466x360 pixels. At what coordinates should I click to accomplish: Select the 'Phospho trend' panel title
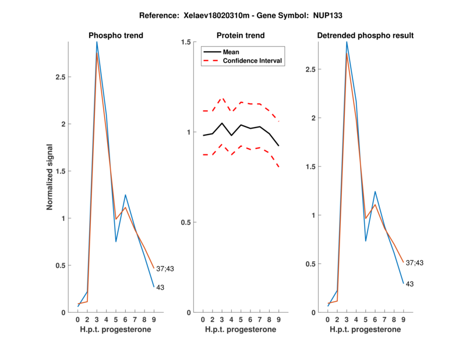coord(116,36)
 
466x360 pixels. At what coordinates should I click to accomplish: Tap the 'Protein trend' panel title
coord(241,36)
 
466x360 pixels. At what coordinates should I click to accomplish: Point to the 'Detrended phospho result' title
coord(365,36)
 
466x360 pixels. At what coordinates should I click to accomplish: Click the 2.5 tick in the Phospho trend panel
coord(59,77)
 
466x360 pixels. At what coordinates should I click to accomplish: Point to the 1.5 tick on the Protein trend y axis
coord(187,42)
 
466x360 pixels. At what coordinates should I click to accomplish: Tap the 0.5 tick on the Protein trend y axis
coord(187,223)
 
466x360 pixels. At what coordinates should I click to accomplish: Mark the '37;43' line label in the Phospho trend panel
coord(165,269)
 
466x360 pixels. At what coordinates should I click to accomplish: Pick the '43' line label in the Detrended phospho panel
coord(409,284)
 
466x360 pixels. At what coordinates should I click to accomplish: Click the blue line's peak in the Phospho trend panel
coord(97,42)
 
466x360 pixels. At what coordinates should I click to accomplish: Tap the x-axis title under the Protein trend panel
coord(241,329)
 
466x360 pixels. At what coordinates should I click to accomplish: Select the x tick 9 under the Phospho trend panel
coord(154,319)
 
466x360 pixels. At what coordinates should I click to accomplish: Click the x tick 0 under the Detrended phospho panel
coord(328,319)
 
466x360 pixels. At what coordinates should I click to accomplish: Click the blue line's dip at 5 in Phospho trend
coord(116,242)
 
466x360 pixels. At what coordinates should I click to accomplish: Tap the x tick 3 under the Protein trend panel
coord(222,319)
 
